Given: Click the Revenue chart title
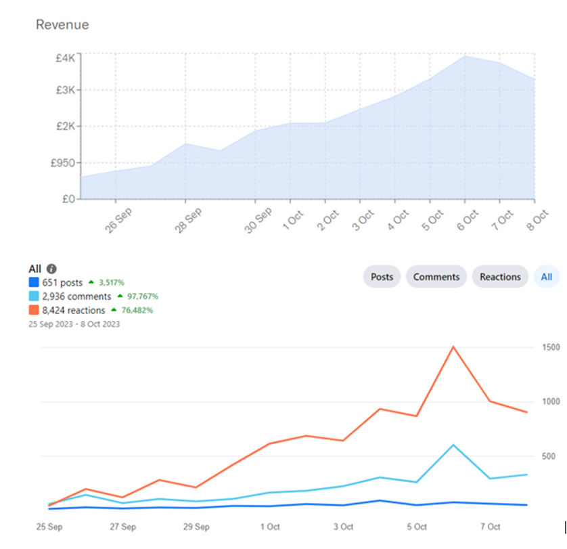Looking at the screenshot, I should point(62,25).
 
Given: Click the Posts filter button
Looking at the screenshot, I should point(382,276).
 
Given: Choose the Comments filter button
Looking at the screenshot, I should point(436,276).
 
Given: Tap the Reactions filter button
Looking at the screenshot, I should point(500,276).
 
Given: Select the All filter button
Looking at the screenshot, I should point(547,276).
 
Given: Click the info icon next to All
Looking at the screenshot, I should point(51,269).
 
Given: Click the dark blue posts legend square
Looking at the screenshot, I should point(33,282).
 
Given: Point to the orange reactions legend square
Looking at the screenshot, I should point(33,310).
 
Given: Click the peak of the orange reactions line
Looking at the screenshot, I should point(453,347).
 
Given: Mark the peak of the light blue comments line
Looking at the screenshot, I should point(453,445).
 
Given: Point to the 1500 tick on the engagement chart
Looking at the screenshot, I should point(549,347).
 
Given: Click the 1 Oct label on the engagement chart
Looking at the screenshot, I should point(269,526).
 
